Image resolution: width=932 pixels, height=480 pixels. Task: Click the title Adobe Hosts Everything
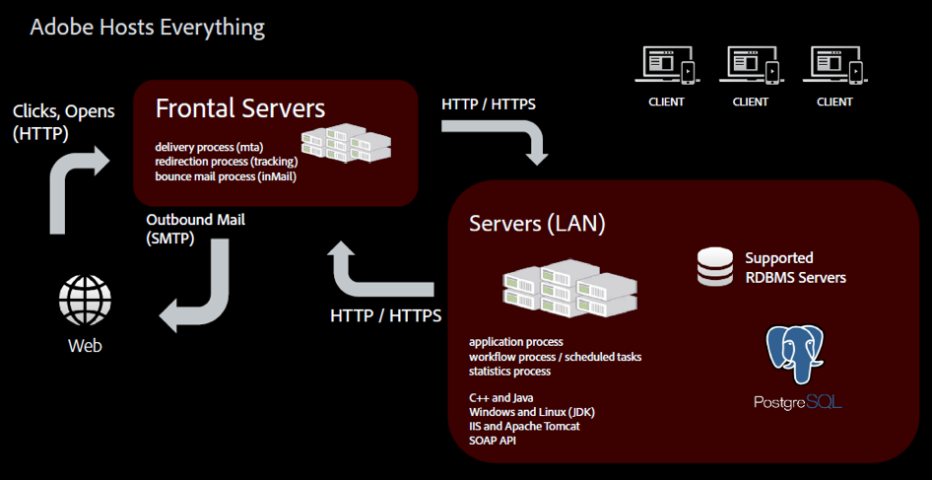[147, 27]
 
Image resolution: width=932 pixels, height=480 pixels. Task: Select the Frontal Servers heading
[240, 106]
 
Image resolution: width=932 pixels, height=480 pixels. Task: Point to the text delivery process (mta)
[202, 147]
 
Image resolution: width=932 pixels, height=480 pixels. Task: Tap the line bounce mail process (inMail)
[226, 176]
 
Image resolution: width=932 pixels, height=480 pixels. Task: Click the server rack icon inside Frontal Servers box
[346, 144]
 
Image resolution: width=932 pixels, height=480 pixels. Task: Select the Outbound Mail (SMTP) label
[196, 229]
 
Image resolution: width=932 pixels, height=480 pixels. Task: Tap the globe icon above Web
[85, 301]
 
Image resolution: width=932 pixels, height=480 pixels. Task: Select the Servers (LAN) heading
[537, 224]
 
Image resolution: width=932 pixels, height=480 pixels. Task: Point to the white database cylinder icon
[715, 267]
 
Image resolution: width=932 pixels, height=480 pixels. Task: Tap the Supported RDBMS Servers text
[795, 267]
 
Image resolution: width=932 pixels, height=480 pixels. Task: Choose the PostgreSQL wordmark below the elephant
[797, 402]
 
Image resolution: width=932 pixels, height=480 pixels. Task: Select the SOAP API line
[493, 440]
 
